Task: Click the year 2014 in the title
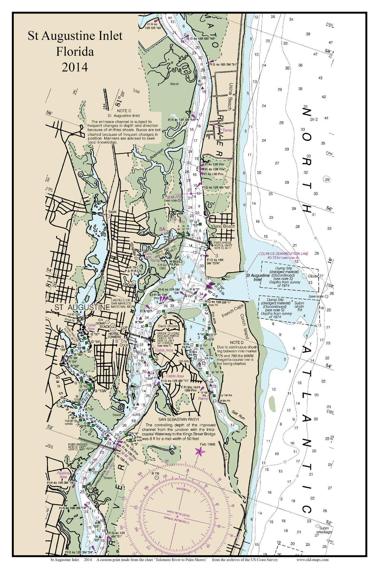point(75,67)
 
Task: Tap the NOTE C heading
point(124,110)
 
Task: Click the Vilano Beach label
point(223,226)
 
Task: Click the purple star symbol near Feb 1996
point(199,451)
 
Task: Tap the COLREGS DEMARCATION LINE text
point(283,253)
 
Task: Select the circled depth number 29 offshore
point(327,180)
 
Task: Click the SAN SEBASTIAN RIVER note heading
point(179,419)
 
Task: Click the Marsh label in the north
point(175,84)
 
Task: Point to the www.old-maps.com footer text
point(312,560)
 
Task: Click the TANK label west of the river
point(111,212)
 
